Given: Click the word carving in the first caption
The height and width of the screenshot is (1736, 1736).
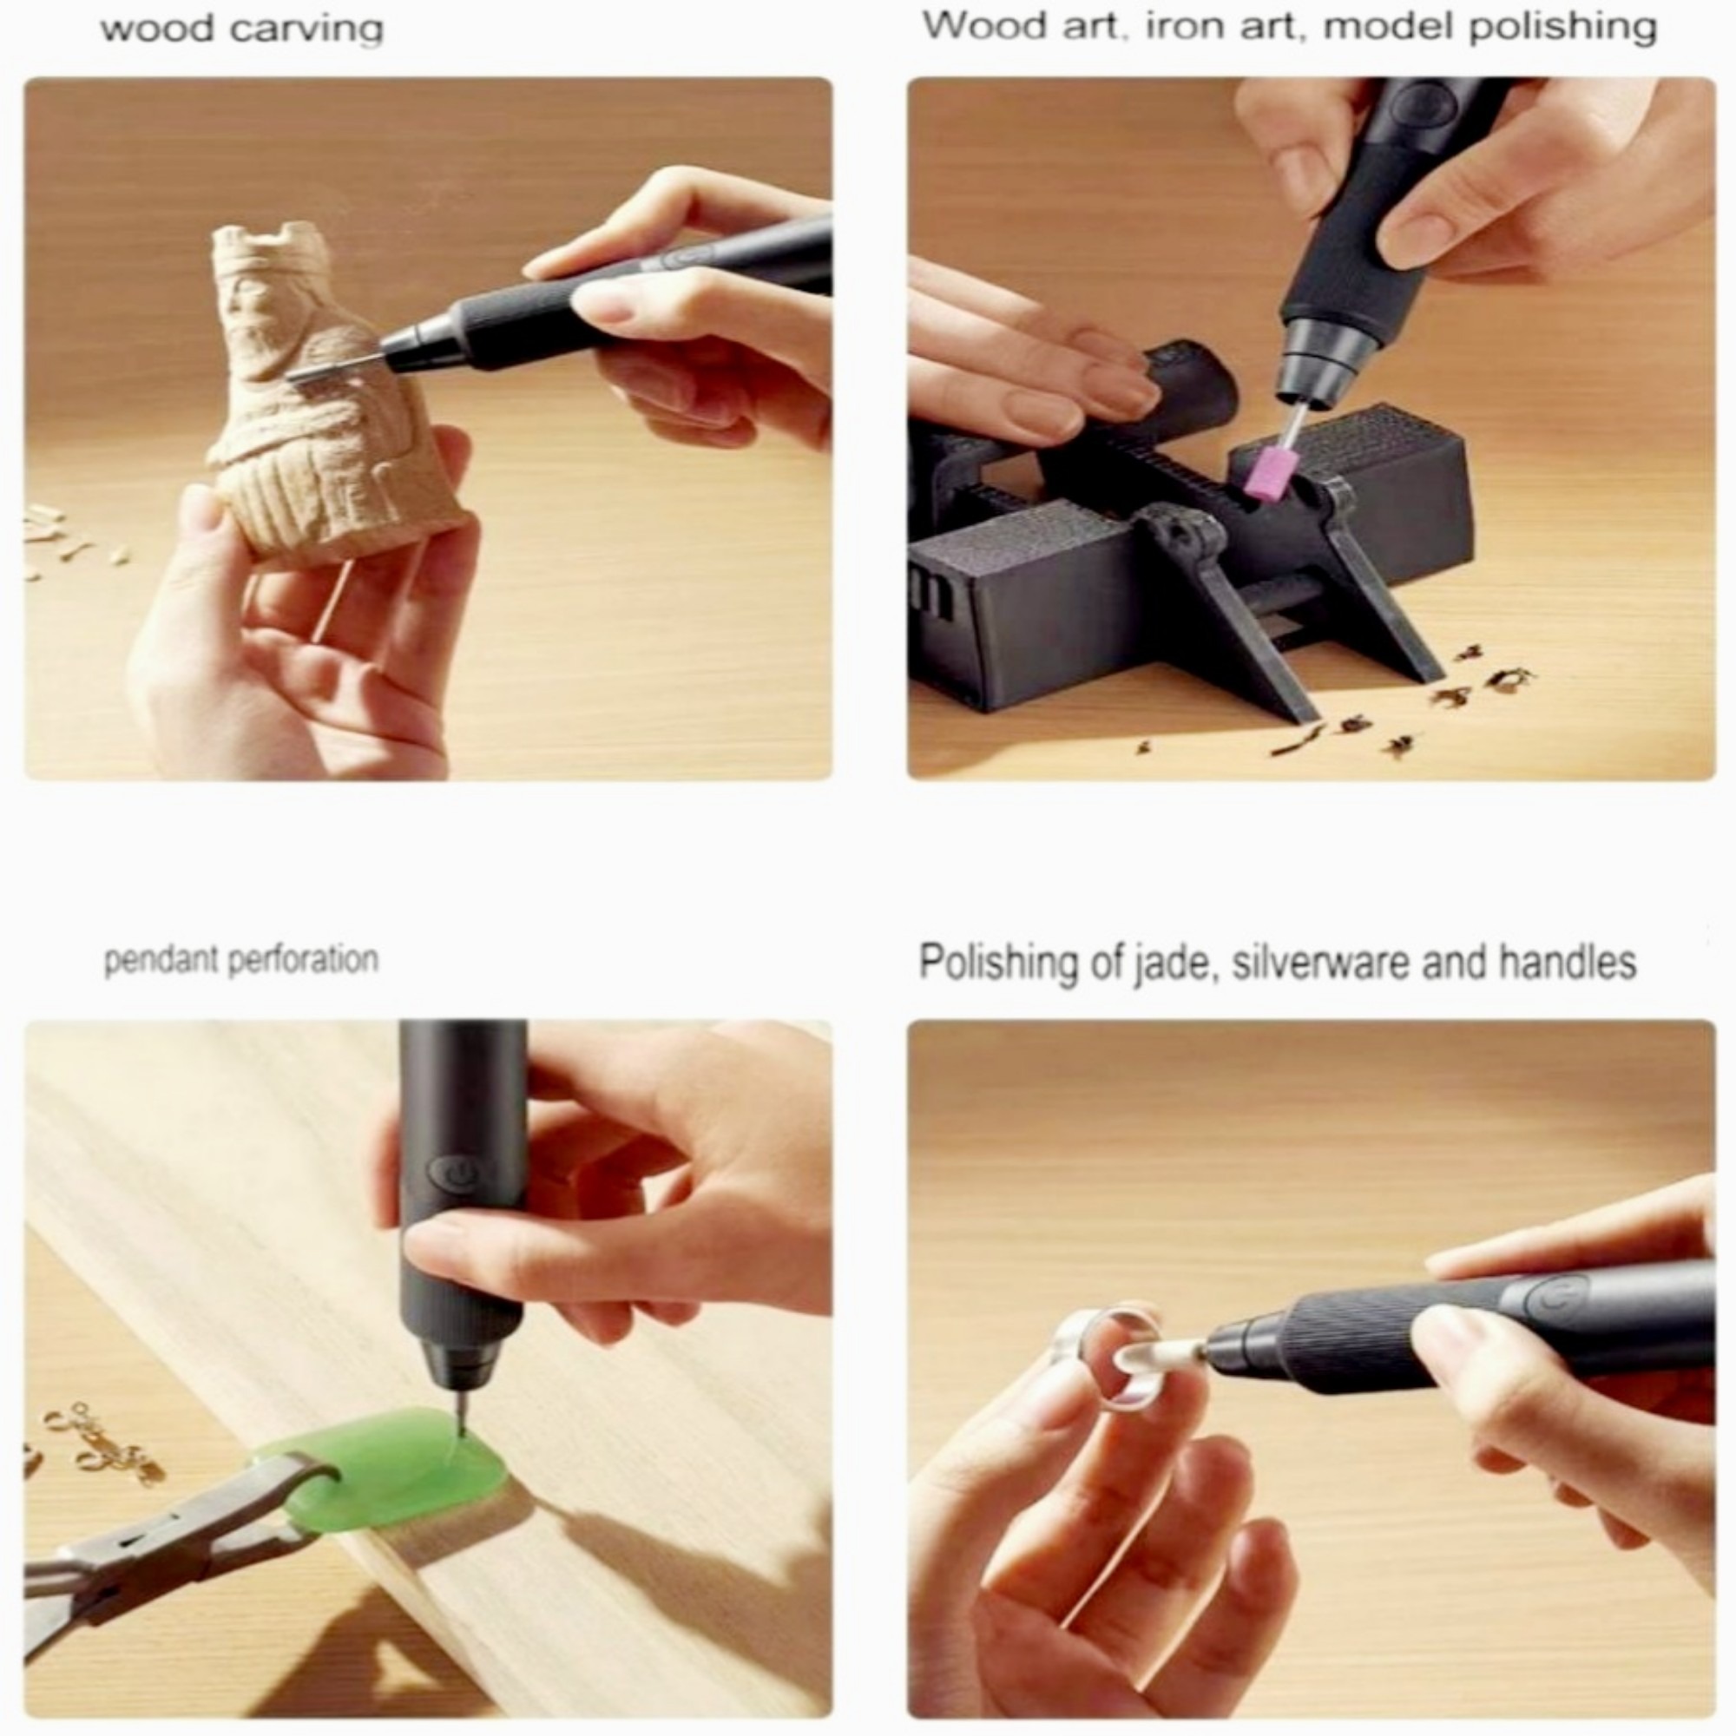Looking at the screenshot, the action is (x=306, y=30).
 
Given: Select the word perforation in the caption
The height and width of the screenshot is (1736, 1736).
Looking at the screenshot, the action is (x=304, y=961).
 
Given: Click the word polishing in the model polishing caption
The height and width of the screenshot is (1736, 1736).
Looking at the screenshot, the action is (x=1562, y=26).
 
